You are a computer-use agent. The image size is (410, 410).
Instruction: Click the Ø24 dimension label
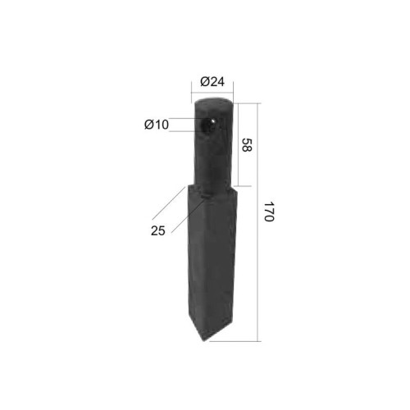pos(212,81)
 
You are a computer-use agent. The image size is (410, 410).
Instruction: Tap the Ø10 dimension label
pos(157,125)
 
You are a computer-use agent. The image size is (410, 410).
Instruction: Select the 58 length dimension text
pos(246,145)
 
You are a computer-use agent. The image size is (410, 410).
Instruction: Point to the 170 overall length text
pos(269,212)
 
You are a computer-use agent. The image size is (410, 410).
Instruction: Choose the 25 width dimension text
pos(158,231)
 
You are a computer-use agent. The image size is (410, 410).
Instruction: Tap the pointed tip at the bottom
pos(204,340)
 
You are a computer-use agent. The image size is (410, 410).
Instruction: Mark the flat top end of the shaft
pos(213,101)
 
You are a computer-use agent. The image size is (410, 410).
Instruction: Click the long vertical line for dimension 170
pos(257,222)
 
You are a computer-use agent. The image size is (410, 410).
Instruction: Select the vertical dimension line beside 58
pos(239,145)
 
